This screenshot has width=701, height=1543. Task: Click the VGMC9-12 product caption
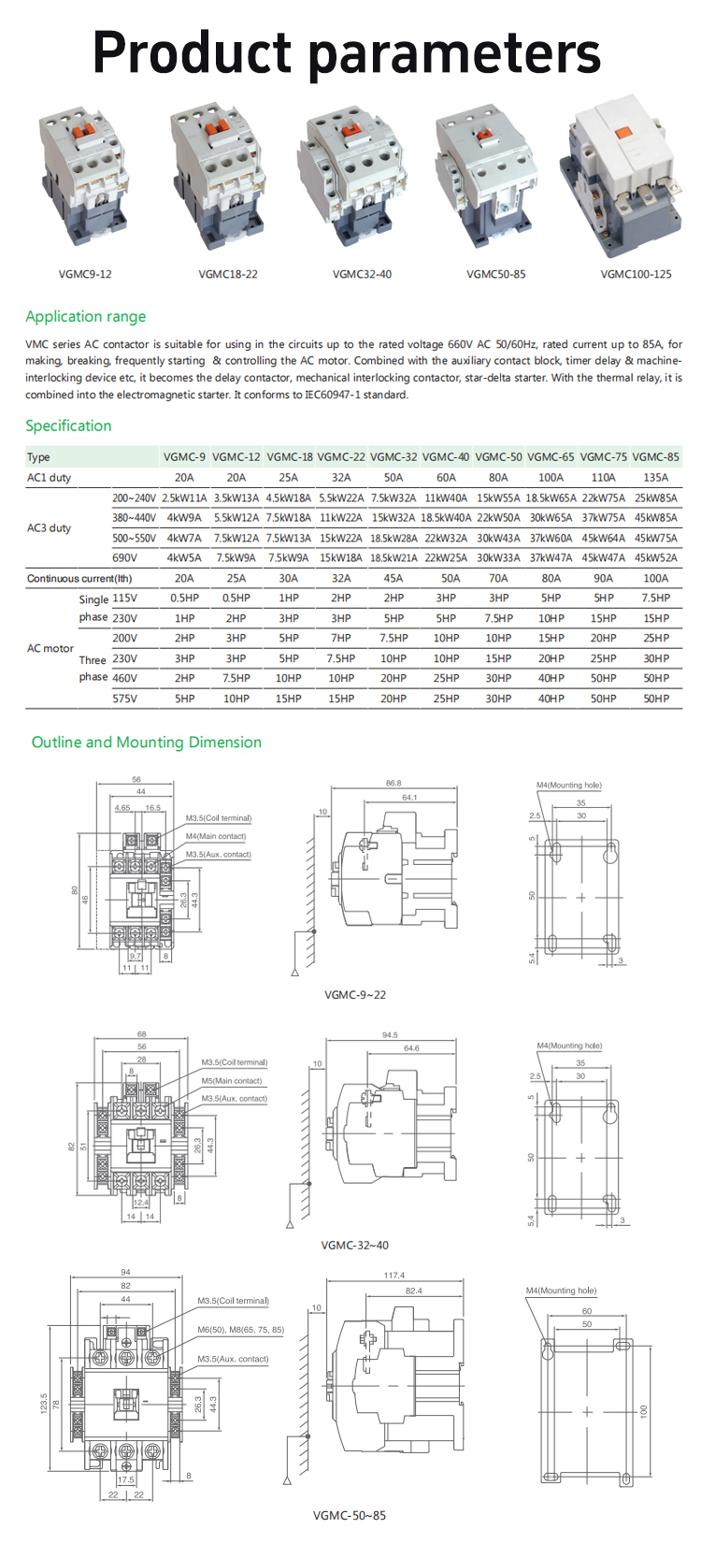(85, 274)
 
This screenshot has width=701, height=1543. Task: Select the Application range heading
(86, 316)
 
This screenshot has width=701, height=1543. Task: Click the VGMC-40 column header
(446, 457)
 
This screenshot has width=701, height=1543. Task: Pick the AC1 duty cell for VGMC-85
(655, 477)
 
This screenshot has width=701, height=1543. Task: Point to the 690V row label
(124, 558)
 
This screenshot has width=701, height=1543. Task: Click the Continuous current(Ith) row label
(79, 579)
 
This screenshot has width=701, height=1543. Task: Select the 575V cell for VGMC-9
(184, 699)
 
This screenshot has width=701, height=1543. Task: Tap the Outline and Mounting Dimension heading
(147, 742)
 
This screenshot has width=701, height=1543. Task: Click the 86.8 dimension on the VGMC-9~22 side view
(393, 784)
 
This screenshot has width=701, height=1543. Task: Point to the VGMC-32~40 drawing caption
(354, 1245)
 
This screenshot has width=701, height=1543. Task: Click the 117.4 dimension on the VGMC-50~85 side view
(393, 1275)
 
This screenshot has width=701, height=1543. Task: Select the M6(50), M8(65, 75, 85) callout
(240, 1329)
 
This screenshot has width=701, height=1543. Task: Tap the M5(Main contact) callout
(232, 1080)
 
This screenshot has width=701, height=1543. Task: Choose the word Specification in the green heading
(68, 425)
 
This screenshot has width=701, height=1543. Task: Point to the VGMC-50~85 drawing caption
(350, 1516)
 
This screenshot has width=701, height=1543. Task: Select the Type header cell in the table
(38, 457)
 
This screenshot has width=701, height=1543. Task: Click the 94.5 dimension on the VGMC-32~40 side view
(390, 1035)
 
